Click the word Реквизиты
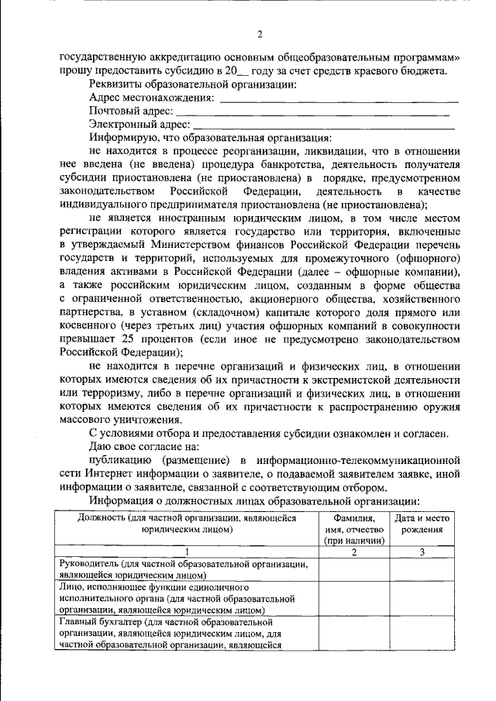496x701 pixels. [115, 84]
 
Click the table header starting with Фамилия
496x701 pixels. [354, 530]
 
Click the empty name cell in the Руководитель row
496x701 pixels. [354, 569]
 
